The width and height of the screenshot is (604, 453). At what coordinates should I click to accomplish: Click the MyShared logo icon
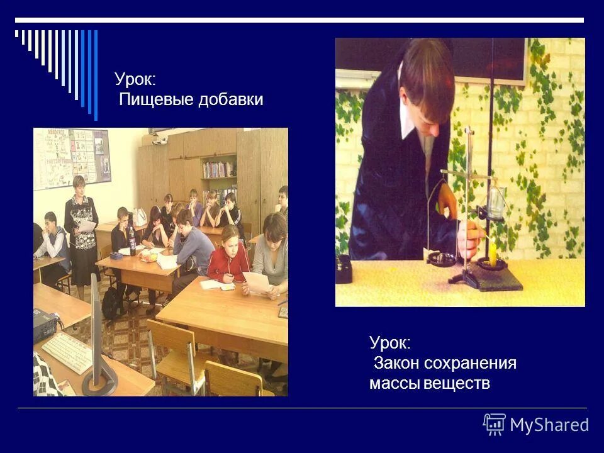[x=495, y=425]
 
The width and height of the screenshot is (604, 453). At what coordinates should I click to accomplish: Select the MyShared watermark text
[x=549, y=425]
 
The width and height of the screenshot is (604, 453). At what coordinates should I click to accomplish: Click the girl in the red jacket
[x=228, y=255]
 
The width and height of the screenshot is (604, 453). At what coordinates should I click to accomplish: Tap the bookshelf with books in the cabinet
[x=219, y=169]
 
